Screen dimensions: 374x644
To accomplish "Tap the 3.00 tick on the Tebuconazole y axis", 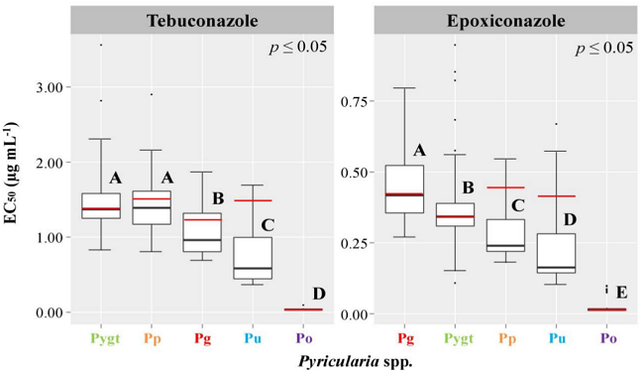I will (50, 87).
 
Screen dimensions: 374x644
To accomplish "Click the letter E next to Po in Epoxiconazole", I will (621, 292).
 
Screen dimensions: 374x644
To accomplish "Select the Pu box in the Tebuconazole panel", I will (253, 258).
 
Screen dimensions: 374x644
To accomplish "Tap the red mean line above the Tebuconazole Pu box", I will (253, 201).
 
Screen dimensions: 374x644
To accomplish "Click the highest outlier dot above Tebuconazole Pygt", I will (101, 45).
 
